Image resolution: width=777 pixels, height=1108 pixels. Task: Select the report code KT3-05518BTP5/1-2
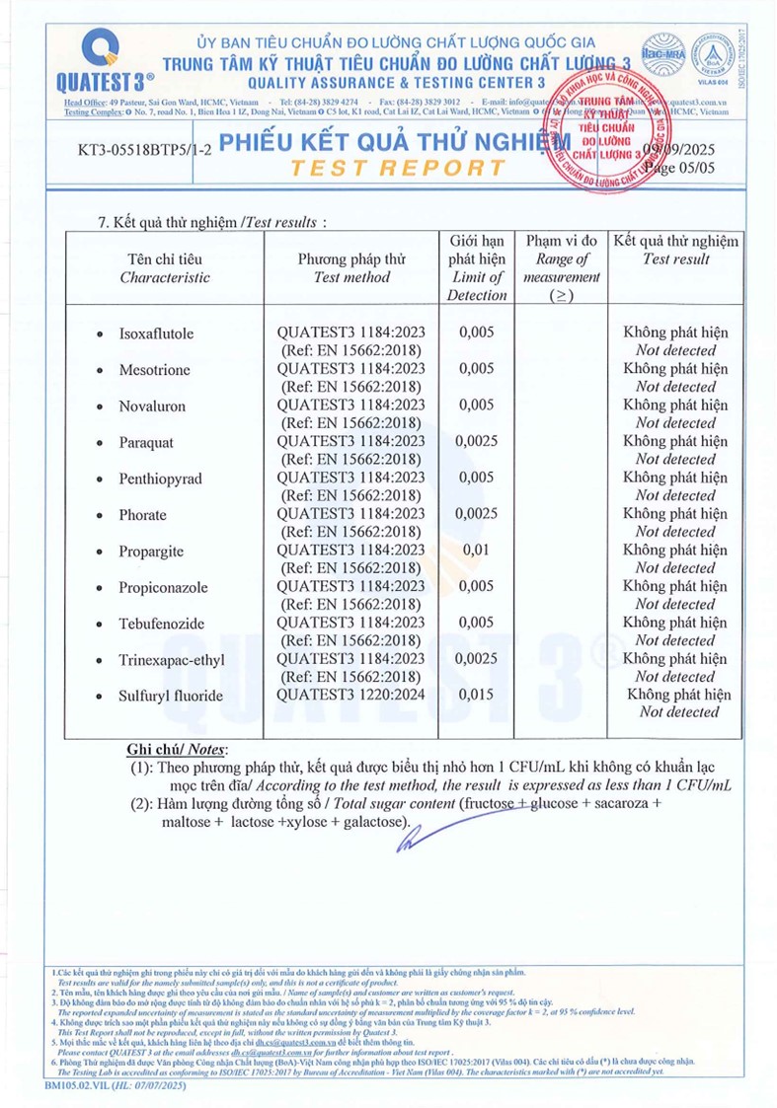coord(143,153)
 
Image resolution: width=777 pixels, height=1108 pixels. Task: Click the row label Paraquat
coord(145,442)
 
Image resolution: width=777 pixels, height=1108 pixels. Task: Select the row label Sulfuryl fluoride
coord(170,696)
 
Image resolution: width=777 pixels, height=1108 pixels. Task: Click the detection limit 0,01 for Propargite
coord(475,551)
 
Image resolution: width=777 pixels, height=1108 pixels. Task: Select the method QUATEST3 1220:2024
coord(351,696)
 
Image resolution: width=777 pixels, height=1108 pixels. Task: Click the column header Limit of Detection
coord(476,286)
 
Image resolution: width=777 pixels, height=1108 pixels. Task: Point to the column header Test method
coord(351,277)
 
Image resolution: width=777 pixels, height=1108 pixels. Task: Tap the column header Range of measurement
coord(562,269)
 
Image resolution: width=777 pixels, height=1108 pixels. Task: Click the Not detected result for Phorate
coord(675,532)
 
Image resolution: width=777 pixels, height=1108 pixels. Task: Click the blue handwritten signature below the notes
coord(409,837)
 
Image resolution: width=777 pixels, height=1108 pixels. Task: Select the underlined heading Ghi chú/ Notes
coord(178,750)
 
